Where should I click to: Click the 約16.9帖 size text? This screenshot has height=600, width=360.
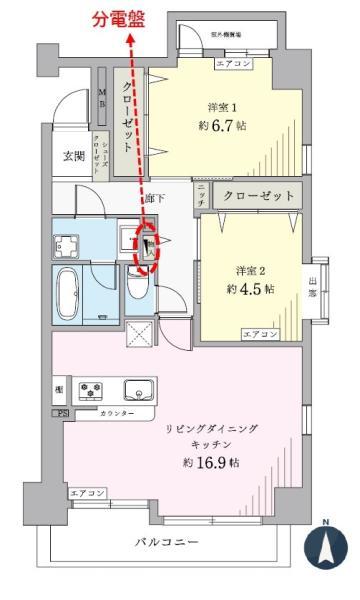point(211,463)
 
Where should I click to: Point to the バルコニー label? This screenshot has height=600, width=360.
point(167,541)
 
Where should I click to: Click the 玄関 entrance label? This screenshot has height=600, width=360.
point(74,155)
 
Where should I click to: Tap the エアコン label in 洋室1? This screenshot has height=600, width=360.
point(234,64)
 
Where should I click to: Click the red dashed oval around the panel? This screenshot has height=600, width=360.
point(146,250)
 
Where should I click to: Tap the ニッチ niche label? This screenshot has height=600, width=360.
point(201,196)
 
